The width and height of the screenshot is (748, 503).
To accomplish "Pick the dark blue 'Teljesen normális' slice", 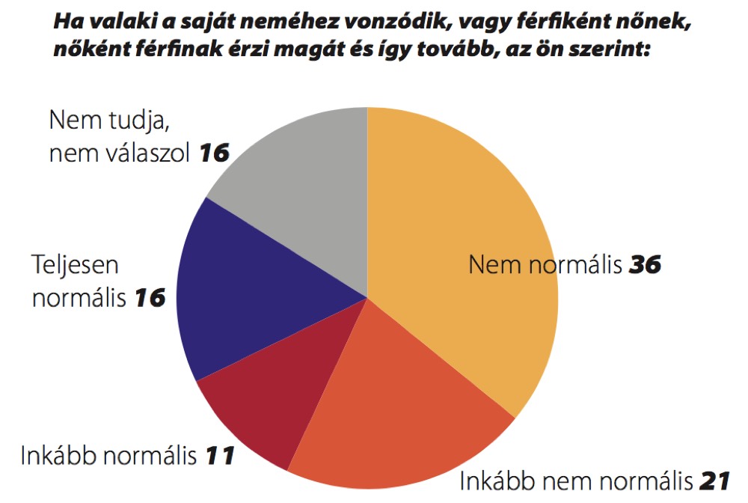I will click(x=247, y=292).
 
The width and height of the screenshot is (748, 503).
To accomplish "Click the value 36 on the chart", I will click(x=645, y=265).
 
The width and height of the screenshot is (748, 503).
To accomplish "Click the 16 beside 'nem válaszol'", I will click(x=213, y=154).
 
